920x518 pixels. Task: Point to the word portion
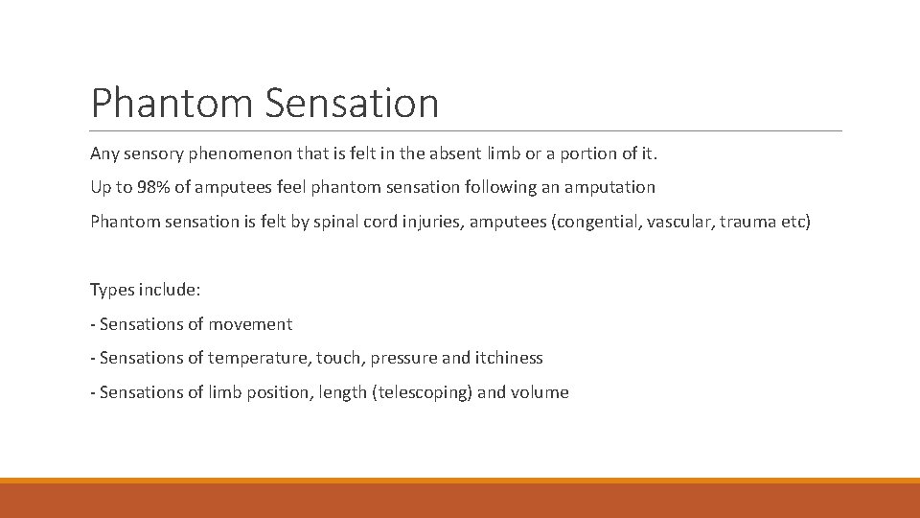coord(574,153)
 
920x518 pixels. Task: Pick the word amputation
coord(609,187)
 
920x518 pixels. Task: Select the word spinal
coord(346,222)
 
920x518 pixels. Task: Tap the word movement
coord(254,324)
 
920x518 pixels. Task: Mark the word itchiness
coord(508,358)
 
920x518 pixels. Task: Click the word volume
coord(541,392)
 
